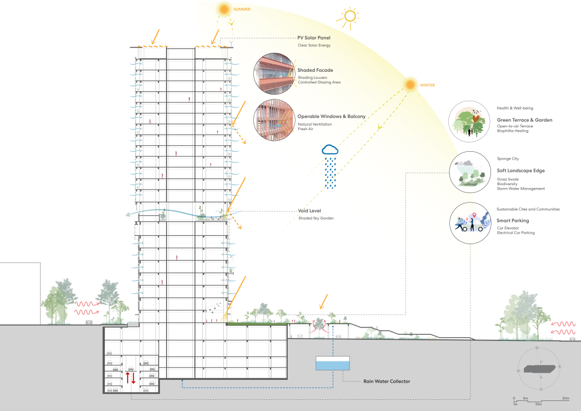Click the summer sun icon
tap(224, 9)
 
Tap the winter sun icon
tap(410, 85)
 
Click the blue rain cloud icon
tap(330, 149)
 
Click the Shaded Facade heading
tap(315, 70)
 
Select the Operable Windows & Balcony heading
tap(331, 116)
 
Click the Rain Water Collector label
tap(387, 381)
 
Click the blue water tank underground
tap(333, 364)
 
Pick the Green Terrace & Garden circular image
tap(469, 122)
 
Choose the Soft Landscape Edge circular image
tap(469, 172)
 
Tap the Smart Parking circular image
tap(469, 224)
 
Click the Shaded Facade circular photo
tap(274, 73)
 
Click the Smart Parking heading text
tap(513, 221)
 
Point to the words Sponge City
tap(508, 159)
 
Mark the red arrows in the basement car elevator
tap(130, 378)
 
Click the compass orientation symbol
tap(539, 368)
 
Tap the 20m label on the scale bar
tap(565, 398)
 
